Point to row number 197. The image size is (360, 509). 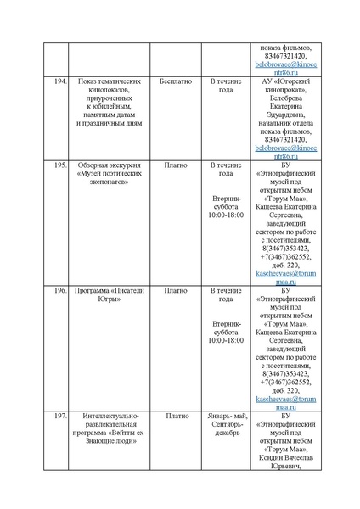click(60, 417)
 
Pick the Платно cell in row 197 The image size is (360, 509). click(176, 417)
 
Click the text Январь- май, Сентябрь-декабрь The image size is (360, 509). click(226, 425)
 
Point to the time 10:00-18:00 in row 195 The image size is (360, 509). click(226, 215)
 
